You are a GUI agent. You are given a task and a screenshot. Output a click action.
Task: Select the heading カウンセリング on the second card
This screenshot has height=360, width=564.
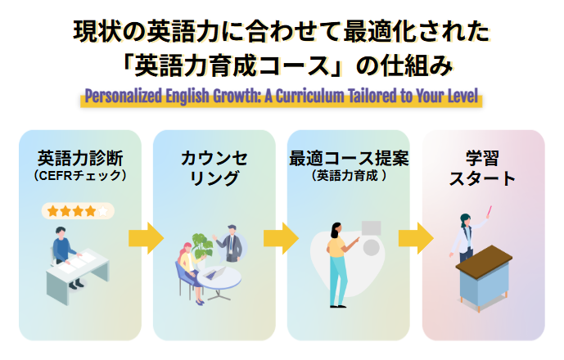click(x=214, y=168)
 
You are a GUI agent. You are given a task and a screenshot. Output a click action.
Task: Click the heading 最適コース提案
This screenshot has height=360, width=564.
click(x=349, y=157)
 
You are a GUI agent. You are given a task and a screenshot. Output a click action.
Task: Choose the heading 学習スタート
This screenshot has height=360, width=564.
click(x=482, y=168)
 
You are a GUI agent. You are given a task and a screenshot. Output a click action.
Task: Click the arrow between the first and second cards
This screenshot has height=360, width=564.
click(x=146, y=238)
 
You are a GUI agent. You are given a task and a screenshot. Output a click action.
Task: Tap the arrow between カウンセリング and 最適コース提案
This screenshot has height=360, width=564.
click(x=280, y=238)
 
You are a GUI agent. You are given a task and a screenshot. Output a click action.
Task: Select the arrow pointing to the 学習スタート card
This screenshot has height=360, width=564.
click(x=415, y=238)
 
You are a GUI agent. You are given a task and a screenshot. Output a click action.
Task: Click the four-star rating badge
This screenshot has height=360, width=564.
click(x=78, y=211)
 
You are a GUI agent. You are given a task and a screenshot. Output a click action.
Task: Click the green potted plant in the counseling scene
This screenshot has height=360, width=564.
click(x=201, y=245)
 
